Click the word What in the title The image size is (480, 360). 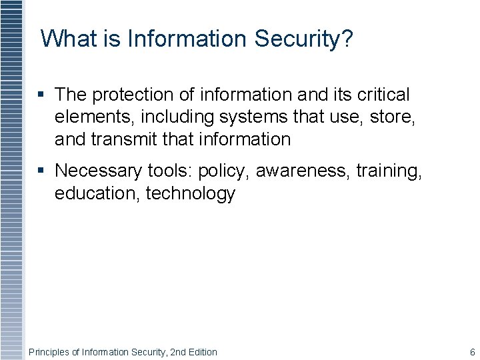click(69, 39)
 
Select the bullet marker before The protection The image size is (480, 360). click(43, 95)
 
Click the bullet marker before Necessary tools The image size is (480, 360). click(43, 171)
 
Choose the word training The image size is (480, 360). click(389, 171)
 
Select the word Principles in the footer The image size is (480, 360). click(48, 352)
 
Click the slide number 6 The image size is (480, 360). click(472, 352)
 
